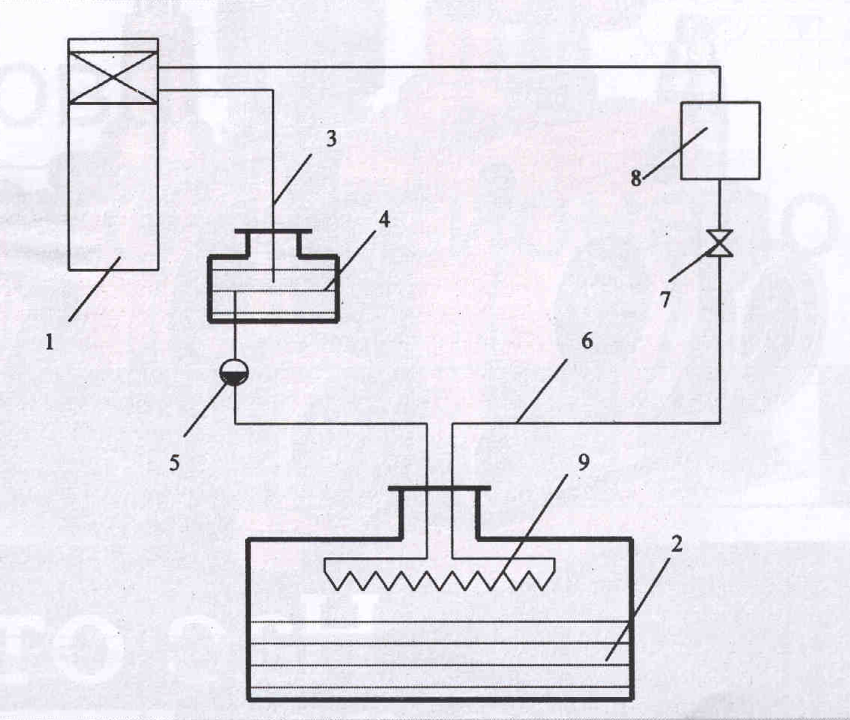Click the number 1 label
(50, 342)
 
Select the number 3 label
(331, 138)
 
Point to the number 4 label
(384, 219)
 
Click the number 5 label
(175, 463)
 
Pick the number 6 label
(586, 341)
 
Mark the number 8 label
(636, 178)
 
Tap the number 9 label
(584, 462)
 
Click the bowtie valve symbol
(719, 243)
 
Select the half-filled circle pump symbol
(234, 372)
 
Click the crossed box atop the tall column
(113, 77)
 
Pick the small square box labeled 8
(720, 140)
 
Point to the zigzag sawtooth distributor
(439, 574)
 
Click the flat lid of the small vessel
(273, 231)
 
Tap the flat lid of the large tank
(439, 488)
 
